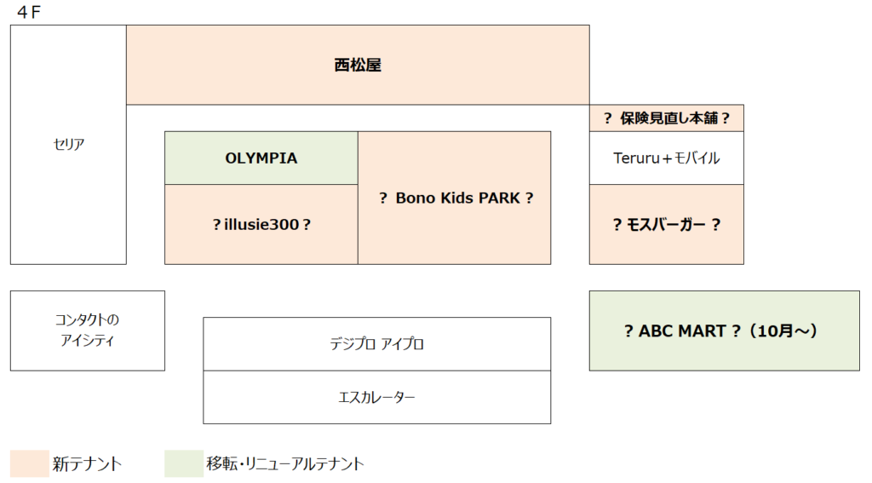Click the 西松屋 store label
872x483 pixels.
coord(358,65)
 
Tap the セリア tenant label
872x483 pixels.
coord(68,144)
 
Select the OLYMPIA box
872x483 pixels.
coord(261,158)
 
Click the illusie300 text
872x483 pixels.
coord(262,224)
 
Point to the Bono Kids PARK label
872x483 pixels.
coord(457,198)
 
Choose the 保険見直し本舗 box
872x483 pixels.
coord(666,118)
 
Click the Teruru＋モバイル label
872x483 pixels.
coord(666,158)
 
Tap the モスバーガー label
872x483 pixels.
coord(666,224)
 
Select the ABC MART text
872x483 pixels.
coord(682,331)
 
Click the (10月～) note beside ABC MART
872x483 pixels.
coord(783,331)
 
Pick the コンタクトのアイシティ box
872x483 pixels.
coord(88,331)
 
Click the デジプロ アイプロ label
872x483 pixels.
coord(376,344)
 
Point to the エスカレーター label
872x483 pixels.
coord(376,397)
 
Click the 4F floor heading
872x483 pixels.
coord(29,12)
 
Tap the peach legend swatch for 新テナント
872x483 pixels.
coord(30,463)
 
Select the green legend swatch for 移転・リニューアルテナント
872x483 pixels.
coord(184,463)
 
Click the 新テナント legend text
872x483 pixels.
coord(87,464)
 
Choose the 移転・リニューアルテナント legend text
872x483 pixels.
coord(284,463)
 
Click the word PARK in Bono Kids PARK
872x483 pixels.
coord(499,198)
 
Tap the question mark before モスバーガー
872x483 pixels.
coord(617,224)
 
